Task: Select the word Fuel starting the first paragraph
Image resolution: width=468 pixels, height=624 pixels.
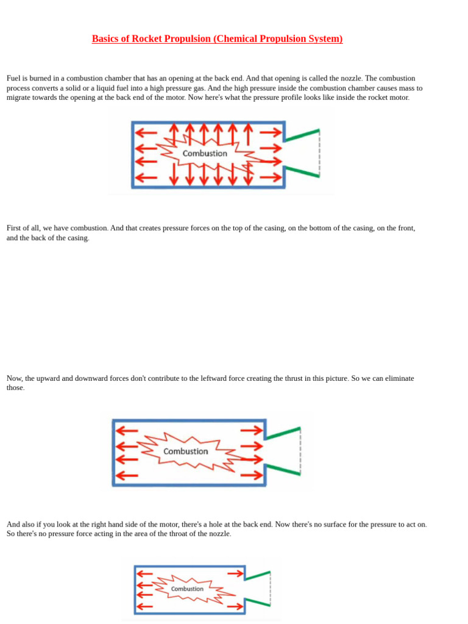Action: (x=14, y=79)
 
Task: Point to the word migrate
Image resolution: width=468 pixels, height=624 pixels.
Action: (x=19, y=97)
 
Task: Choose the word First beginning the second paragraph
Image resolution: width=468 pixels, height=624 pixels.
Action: (x=15, y=228)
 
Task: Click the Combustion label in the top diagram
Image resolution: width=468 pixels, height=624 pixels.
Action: (x=205, y=154)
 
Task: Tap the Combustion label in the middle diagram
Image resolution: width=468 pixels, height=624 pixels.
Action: (x=186, y=452)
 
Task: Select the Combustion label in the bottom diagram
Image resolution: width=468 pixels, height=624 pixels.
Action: (x=187, y=589)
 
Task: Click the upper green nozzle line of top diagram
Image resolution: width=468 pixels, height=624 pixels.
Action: (x=302, y=135)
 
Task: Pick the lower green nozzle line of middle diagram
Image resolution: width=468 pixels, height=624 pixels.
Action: (x=283, y=469)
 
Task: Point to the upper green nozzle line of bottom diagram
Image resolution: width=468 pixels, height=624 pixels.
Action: (x=257, y=575)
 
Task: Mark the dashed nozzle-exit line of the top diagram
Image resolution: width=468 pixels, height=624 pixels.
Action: (x=319, y=152)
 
